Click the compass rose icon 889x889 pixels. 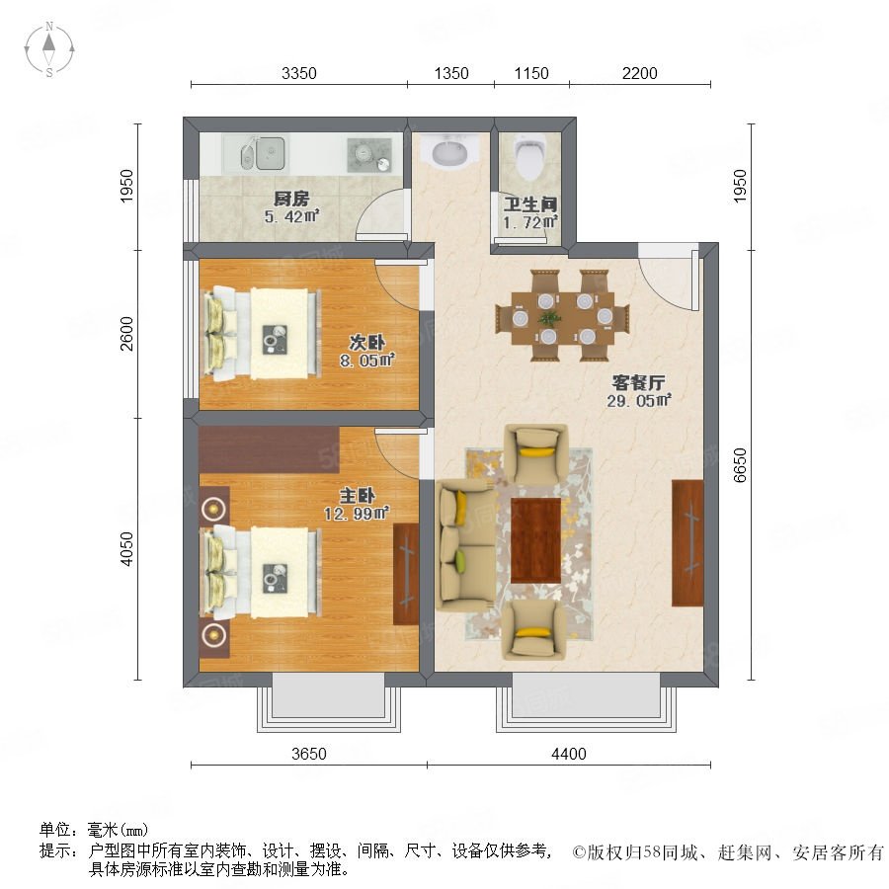click(49, 49)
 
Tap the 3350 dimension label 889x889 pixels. click(298, 74)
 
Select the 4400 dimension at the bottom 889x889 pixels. click(569, 754)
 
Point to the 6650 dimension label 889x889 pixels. click(740, 465)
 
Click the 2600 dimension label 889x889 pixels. click(126, 334)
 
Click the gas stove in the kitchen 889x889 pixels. click(369, 154)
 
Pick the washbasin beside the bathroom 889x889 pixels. click(450, 152)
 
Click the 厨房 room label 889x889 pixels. click(291, 199)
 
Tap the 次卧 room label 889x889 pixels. click(366, 343)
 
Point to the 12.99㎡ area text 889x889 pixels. click(356, 514)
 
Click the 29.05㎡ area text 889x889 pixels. click(639, 401)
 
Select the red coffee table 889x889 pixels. click(535, 540)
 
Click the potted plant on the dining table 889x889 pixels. click(548, 318)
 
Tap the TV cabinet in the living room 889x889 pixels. click(687, 542)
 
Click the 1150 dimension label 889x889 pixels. click(531, 74)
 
